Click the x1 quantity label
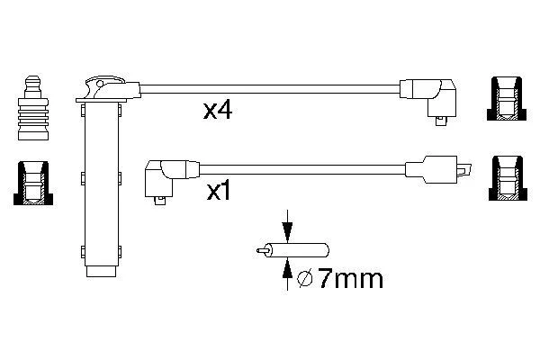[x=218, y=192]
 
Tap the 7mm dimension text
[x=350, y=278]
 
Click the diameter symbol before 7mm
[x=304, y=279]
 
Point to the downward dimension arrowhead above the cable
[x=287, y=231]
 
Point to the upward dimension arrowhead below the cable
[x=287, y=268]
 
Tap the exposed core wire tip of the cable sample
[x=262, y=250]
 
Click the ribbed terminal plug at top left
[x=33, y=108]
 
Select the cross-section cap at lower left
[x=33, y=183]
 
